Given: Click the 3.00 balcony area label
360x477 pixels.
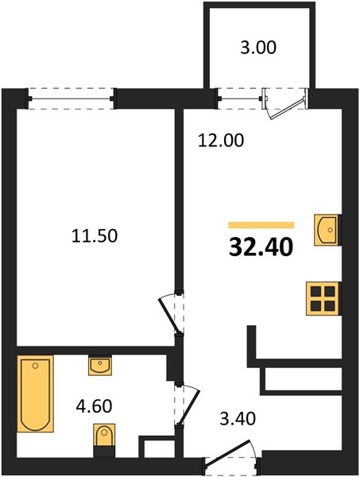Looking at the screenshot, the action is point(258,48).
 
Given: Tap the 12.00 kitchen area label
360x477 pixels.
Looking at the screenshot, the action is point(221,141).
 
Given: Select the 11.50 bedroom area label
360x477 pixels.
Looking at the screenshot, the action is point(95,236).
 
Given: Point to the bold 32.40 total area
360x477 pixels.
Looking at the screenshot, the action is point(261,246).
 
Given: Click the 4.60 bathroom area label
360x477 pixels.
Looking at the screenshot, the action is point(94,405).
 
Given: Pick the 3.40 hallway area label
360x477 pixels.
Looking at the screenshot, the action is point(238,418).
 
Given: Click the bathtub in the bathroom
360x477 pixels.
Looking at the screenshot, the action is point(36,394).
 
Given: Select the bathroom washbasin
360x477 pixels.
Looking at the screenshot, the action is point(99,366).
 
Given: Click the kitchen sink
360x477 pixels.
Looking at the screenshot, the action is point(327,230).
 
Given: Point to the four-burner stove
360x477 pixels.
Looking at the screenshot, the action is point(323,298).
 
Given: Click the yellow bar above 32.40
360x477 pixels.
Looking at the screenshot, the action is point(261,225).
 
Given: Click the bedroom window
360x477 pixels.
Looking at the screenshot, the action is point(72,99).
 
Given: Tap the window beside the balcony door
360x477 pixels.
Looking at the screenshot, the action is point(240,99).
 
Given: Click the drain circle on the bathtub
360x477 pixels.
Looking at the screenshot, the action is point(36,366).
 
